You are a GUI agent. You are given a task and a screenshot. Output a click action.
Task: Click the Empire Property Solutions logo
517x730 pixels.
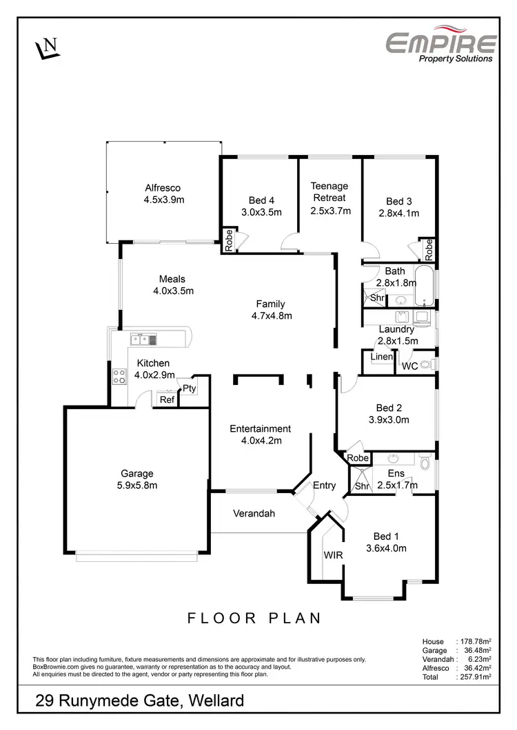pyautogui.click(x=440, y=46)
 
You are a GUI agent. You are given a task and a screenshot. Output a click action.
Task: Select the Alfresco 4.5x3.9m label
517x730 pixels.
pyautogui.click(x=163, y=194)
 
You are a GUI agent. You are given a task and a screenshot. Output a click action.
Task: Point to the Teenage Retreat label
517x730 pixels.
pyautogui.click(x=330, y=198)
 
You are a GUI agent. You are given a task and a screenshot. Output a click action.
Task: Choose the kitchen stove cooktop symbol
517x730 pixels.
pyautogui.click(x=119, y=376)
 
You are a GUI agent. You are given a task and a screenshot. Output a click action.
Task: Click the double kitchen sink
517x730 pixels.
pyautogui.click(x=144, y=338)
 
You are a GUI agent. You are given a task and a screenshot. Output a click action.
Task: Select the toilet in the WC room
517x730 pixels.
pyautogui.click(x=425, y=365)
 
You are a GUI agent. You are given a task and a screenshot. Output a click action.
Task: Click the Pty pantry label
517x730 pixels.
pyautogui.click(x=190, y=388)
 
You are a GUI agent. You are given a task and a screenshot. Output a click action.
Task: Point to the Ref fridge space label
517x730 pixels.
pyautogui.click(x=166, y=399)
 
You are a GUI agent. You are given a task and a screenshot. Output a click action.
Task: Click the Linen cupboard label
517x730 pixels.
pyautogui.click(x=381, y=357)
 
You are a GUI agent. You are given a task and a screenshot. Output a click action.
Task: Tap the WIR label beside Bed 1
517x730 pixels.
pyautogui.click(x=332, y=554)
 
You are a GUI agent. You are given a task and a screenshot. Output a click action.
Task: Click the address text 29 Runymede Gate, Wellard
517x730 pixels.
pyautogui.click(x=140, y=702)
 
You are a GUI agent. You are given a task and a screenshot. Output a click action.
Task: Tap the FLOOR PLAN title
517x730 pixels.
pyautogui.click(x=254, y=618)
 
